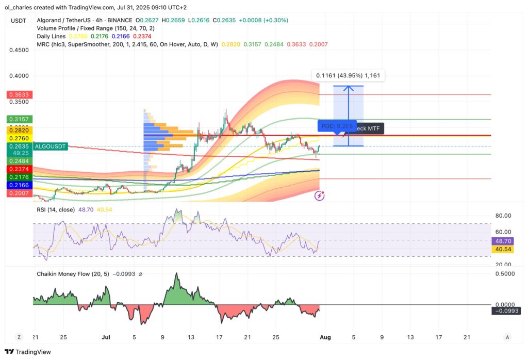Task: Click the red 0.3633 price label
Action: [20, 95]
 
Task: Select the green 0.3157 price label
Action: [20, 119]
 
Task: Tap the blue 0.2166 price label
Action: [20, 185]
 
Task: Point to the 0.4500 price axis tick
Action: [19, 51]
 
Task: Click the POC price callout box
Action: [337, 126]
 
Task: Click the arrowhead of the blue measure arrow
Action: [349, 88]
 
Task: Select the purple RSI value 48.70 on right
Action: [503, 241]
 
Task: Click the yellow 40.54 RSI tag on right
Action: [503, 249]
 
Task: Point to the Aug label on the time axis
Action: [326, 337]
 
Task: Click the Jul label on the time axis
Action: [106, 337]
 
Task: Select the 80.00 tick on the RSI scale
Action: [503, 216]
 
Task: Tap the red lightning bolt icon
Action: [320, 195]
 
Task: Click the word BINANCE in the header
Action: [123, 21]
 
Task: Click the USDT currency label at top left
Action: [18, 20]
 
